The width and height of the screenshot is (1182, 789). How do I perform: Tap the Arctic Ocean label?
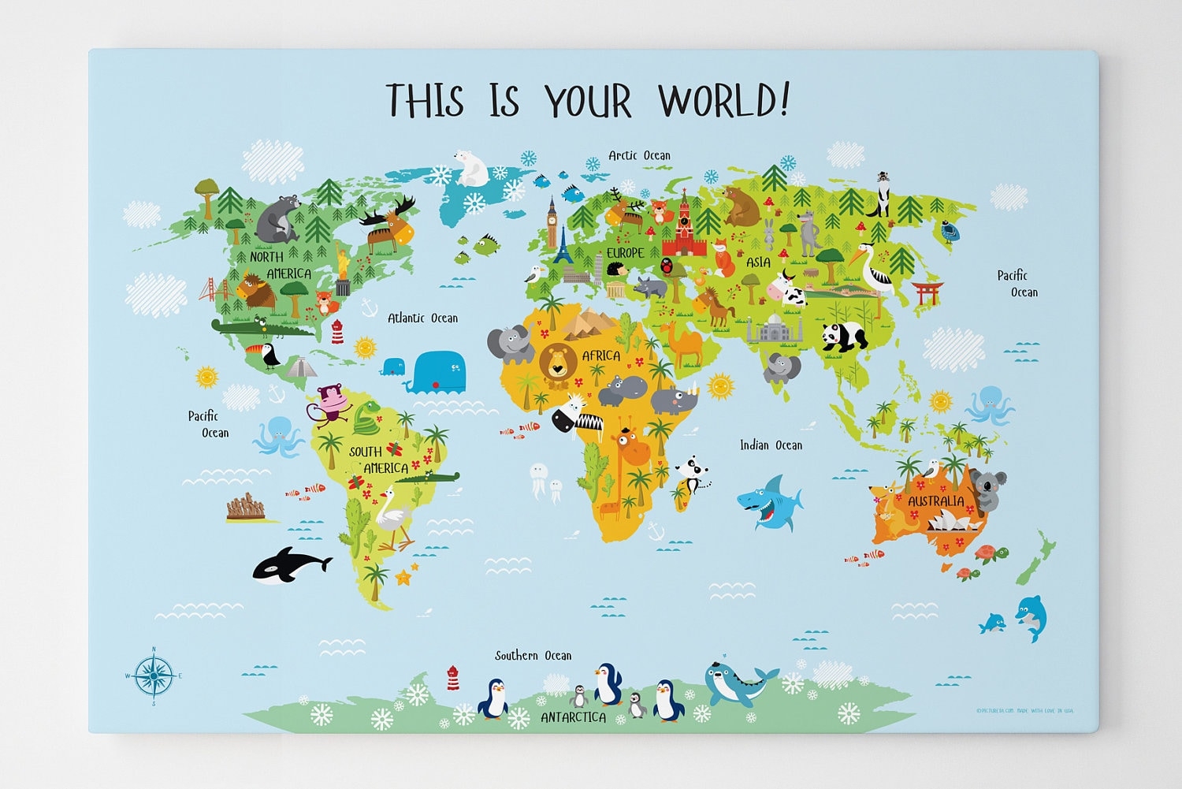coord(639,155)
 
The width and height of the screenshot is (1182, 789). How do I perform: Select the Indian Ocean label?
coord(771,445)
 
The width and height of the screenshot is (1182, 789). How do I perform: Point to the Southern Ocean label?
coord(533,656)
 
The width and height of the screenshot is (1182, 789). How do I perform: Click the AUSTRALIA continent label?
coord(935,501)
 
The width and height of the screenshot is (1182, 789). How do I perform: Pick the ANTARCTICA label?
coord(573,717)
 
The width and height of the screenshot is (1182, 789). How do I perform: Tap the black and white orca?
coord(289,564)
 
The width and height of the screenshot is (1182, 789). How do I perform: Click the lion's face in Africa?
coord(558,363)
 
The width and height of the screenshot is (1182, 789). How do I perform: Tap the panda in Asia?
coord(844,337)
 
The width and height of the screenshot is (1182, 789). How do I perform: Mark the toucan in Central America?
coord(266,355)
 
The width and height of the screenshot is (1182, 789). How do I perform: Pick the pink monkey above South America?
coord(329,402)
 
